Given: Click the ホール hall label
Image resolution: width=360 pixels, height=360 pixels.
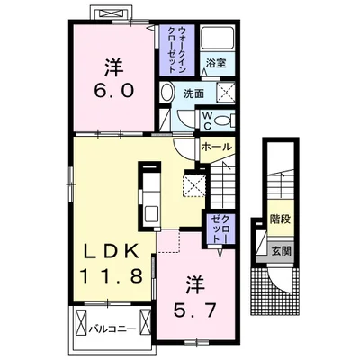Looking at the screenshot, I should [x=216, y=148].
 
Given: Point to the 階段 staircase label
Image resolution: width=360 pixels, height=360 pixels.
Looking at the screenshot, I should [x=281, y=219].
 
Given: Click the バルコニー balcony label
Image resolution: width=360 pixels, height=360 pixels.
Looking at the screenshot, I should [x=113, y=328].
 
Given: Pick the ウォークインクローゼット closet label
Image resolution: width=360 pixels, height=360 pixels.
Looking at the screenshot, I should [x=175, y=49].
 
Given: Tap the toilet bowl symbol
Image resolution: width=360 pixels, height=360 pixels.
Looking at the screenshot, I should [x=225, y=119].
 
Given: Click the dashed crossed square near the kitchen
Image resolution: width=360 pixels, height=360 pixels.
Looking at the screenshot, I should [x=191, y=185].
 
